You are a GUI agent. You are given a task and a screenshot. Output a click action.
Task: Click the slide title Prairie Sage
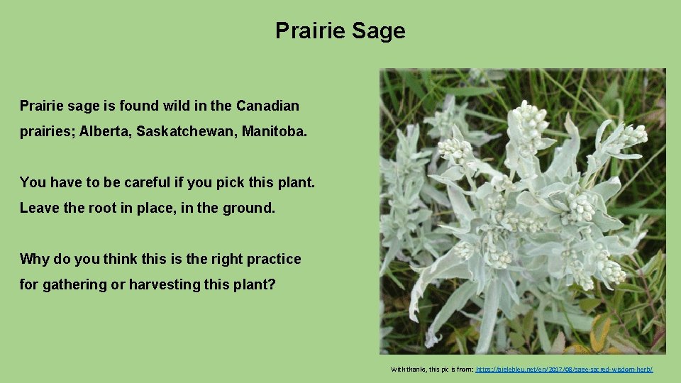pos(340,30)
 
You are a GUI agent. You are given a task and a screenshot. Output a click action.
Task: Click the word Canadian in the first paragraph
pos(267,106)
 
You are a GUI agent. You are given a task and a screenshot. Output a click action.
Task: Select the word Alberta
pos(105,132)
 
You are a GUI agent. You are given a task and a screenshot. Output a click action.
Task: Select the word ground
pos(249,208)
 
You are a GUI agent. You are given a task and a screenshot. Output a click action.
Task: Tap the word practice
pos(274,259)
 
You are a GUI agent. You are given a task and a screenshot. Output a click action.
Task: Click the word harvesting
pos(160,284)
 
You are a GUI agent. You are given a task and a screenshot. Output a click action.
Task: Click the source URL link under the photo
pos(564,370)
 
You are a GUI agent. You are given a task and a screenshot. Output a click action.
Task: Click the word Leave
pos(38,208)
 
